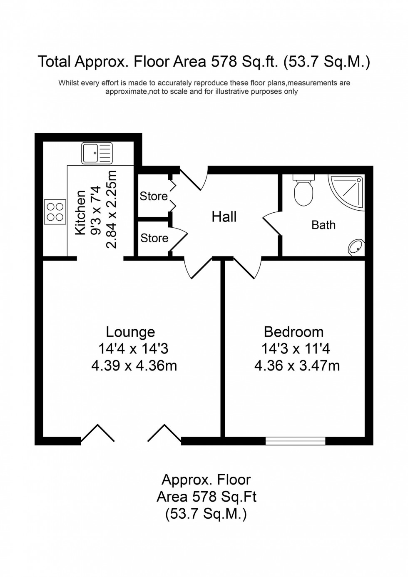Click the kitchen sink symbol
97,153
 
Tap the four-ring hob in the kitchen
55,212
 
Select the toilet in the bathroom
303,191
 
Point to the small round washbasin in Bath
356,247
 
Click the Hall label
224,217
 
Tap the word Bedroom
294,332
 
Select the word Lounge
130,332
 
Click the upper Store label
154,196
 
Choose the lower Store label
154,238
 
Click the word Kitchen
80,212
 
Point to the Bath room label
323,225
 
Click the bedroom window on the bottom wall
295,440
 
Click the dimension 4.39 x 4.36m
134,366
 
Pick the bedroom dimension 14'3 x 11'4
296,348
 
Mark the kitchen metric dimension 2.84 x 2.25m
112,209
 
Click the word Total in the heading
54,62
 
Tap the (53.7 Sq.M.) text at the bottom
206,514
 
